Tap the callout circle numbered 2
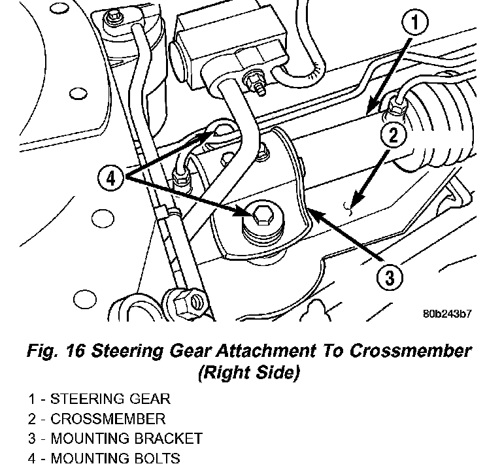pyautogui.click(x=393, y=137)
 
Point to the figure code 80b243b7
pyautogui.click(x=446, y=314)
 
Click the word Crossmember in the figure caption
pyautogui.click(x=410, y=351)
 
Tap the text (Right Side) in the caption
pyautogui.click(x=248, y=373)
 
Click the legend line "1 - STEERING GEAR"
pyautogui.click(x=99, y=398)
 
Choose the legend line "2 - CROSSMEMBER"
pyautogui.click(x=97, y=418)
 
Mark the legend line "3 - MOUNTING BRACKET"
pyautogui.click(x=115, y=439)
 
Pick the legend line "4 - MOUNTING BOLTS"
pyautogui.click(x=104, y=459)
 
